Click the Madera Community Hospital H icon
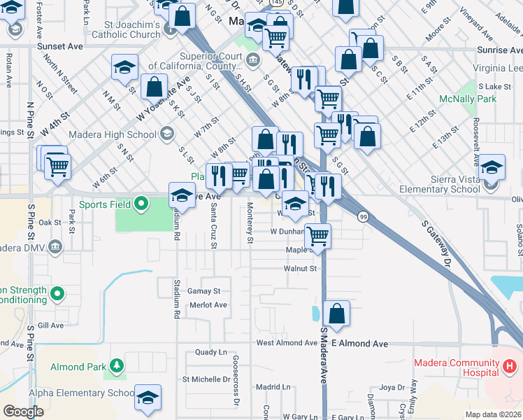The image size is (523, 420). coord(510,365)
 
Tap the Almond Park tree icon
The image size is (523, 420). coord(116,365)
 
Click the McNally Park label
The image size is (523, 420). coord(467,99)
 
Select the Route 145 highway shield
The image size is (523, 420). coord(278,3)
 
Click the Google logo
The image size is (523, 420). coord(23,412)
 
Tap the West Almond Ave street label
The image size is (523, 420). coord(287,343)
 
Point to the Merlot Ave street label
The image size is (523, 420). coord(208,305)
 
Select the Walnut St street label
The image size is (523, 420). coord(301,268)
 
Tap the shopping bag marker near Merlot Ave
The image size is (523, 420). coord(337,315)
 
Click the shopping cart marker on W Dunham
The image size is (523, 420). coord(318,236)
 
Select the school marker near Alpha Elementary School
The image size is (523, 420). coord(148,398)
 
